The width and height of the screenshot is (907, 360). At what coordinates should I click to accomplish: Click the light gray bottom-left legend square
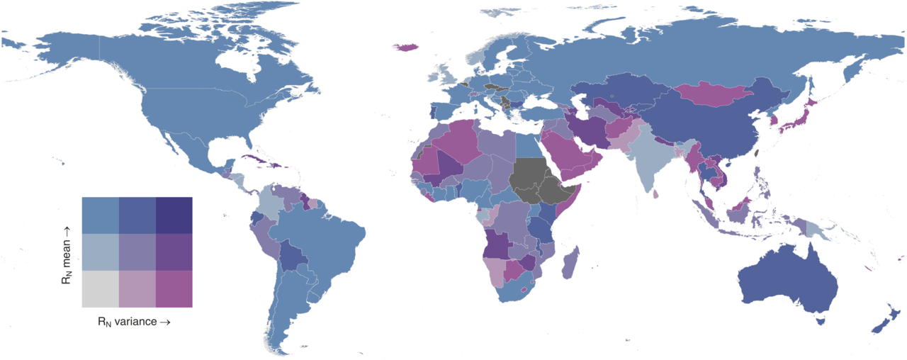[x=100, y=288]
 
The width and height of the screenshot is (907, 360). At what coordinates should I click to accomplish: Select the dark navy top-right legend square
[x=174, y=215]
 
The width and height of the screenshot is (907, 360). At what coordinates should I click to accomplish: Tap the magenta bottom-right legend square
[x=174, y=288]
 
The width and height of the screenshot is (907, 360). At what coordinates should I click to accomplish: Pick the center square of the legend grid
[x=137, y=252]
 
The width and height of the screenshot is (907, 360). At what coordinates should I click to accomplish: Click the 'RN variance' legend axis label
[x=134, y=321]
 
